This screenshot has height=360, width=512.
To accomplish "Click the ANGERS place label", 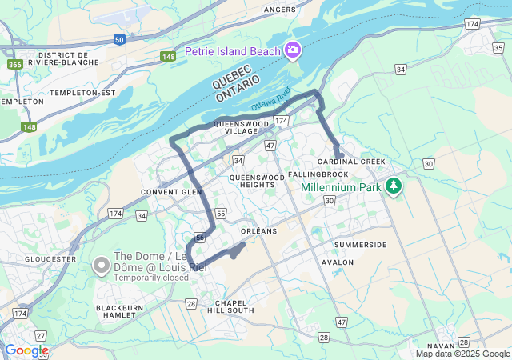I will tap(280, 10).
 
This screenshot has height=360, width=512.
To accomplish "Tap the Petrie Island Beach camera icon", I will tap(293, 51).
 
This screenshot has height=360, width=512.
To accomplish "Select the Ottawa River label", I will tap(270, 105).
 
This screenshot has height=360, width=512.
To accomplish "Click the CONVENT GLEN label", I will tap(170, 192).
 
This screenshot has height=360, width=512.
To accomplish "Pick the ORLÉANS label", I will tap(258, 230).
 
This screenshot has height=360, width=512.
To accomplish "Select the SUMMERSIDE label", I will tap(360, 245).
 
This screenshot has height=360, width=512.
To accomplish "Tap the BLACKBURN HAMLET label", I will tap(124, 312).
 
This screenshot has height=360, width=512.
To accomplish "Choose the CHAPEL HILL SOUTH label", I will tap(230, 306).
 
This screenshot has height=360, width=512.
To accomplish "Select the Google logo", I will tap(26, 350).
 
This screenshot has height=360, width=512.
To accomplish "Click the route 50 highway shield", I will tap(119, 38).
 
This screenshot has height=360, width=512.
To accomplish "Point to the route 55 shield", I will tap(221, 214).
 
